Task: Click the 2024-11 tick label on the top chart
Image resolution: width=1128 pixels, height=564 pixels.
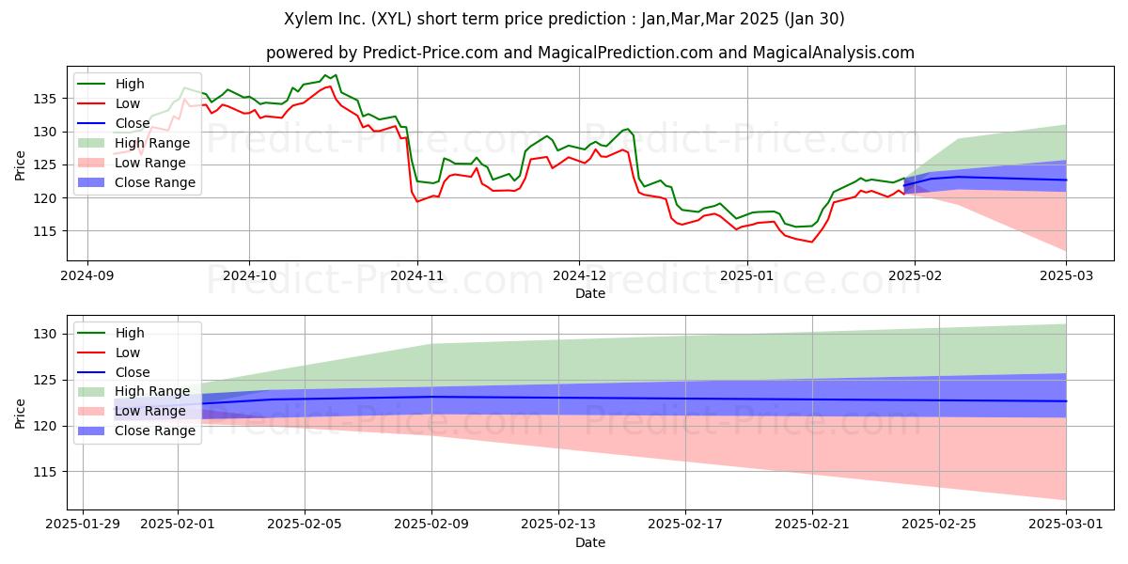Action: [417, 276]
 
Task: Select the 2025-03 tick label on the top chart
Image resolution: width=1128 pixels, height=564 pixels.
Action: [1066, 276]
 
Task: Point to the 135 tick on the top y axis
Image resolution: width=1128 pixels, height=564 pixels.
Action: [44, 99]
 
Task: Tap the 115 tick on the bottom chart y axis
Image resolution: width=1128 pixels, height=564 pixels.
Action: [44, 472]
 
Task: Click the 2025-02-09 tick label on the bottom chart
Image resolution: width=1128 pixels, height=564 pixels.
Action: [431, 525]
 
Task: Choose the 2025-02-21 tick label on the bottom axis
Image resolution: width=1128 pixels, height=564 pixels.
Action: [812, 525]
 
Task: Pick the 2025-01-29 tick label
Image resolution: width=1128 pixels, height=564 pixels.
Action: [83, 525]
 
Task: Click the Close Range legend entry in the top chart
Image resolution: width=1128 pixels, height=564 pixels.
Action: [137, 182]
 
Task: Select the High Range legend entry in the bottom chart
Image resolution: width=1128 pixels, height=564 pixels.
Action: [133, 391]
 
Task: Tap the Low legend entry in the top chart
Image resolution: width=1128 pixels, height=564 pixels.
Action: [109, 103]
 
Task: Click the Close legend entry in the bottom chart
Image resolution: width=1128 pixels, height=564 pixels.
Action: [114, 372]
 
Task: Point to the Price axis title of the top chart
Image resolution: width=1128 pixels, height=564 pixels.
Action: [20, 165]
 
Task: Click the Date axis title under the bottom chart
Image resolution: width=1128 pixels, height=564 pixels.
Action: [590, 542]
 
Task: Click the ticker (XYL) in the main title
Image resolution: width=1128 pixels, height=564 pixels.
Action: [392, 19]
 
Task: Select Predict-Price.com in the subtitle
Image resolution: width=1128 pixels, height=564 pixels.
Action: [431, 53]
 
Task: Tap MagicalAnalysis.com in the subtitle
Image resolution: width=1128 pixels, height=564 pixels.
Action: [834, 53]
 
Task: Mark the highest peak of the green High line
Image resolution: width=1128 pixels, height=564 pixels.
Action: [337, 75]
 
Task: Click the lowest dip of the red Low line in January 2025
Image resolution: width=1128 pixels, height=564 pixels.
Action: [811, 242]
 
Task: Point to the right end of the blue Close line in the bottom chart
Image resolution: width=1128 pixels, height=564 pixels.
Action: [1066, 400]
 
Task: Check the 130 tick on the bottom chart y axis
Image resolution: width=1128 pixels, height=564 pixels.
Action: [44, 335]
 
